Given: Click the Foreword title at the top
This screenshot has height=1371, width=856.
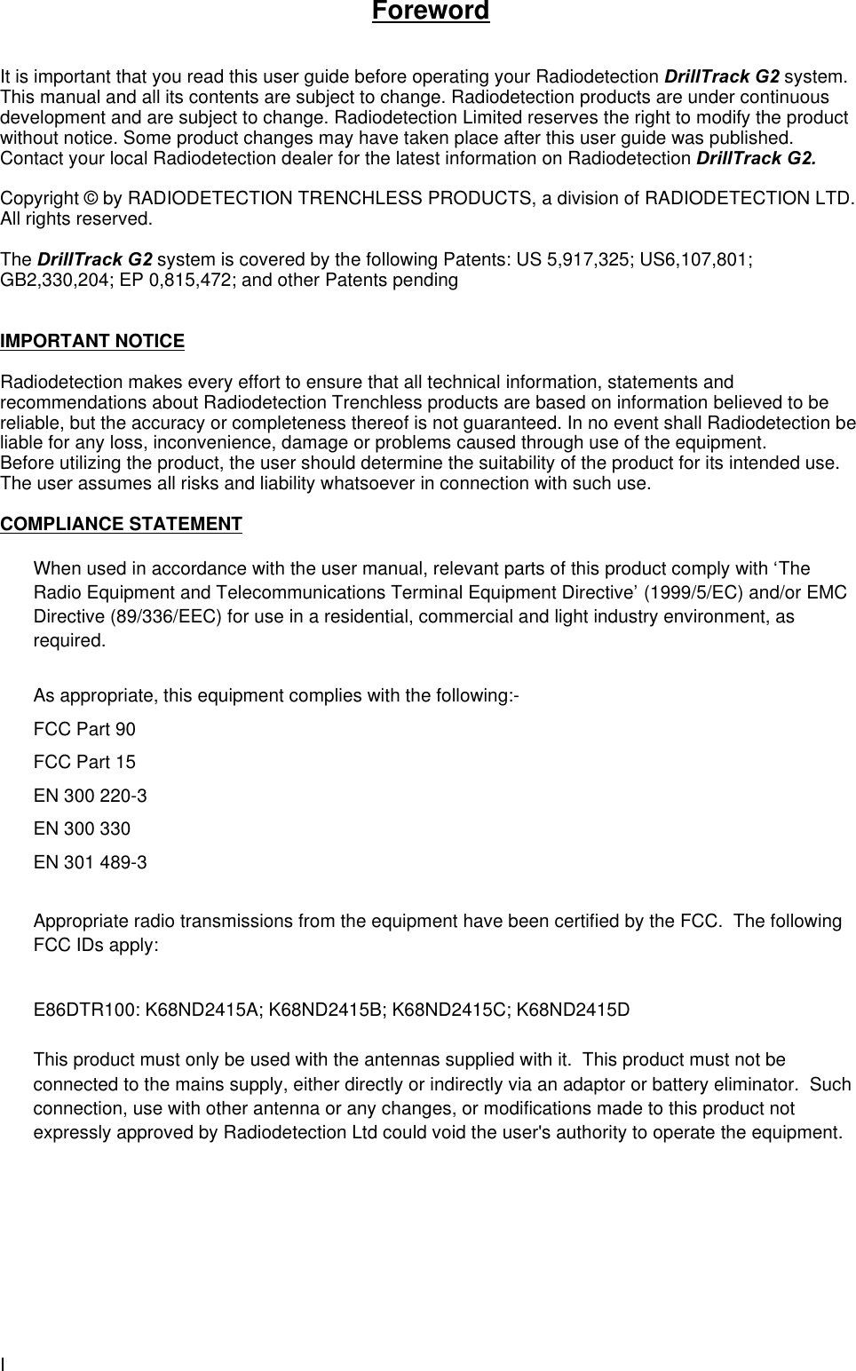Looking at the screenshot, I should pos(431,12).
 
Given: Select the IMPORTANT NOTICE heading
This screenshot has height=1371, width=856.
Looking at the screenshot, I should pos(92,341).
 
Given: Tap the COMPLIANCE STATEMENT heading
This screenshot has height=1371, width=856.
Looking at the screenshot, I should pos(121,524).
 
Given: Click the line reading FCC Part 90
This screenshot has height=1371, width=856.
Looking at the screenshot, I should pos(84,730).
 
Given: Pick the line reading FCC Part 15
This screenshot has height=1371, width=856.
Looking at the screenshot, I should pos(84,763).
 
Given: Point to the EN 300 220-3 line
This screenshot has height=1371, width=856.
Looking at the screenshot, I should pos(90,796).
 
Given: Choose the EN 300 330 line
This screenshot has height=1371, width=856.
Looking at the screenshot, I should pos(82,829).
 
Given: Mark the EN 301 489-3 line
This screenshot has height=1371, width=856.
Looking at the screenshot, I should pos(90,862).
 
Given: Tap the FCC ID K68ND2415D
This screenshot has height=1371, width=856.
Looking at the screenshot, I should pos(574,1010).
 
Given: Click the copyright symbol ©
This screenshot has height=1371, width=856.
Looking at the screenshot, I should pos(94,197).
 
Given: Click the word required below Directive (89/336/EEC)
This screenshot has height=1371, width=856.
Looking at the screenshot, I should pos(68,641).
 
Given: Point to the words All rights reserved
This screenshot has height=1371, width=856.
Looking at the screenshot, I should pos(75,218).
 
